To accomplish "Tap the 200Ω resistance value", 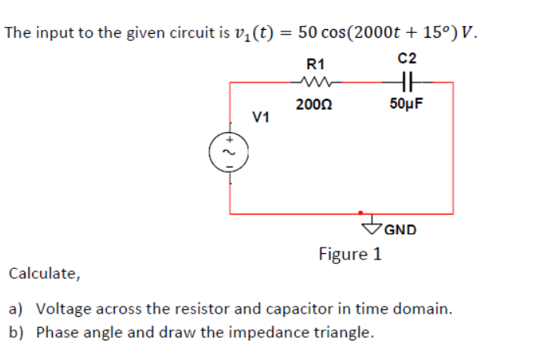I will (314, 105).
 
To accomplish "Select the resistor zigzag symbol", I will (316, 81).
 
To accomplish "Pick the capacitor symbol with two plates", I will (407, 81).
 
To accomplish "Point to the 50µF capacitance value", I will (407, 105).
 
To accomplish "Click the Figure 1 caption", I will (350, 254).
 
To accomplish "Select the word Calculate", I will (43, 274).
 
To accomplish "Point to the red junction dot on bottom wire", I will (361, 212).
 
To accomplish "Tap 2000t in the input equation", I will (379, 33).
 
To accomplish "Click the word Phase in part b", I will (55, 331).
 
